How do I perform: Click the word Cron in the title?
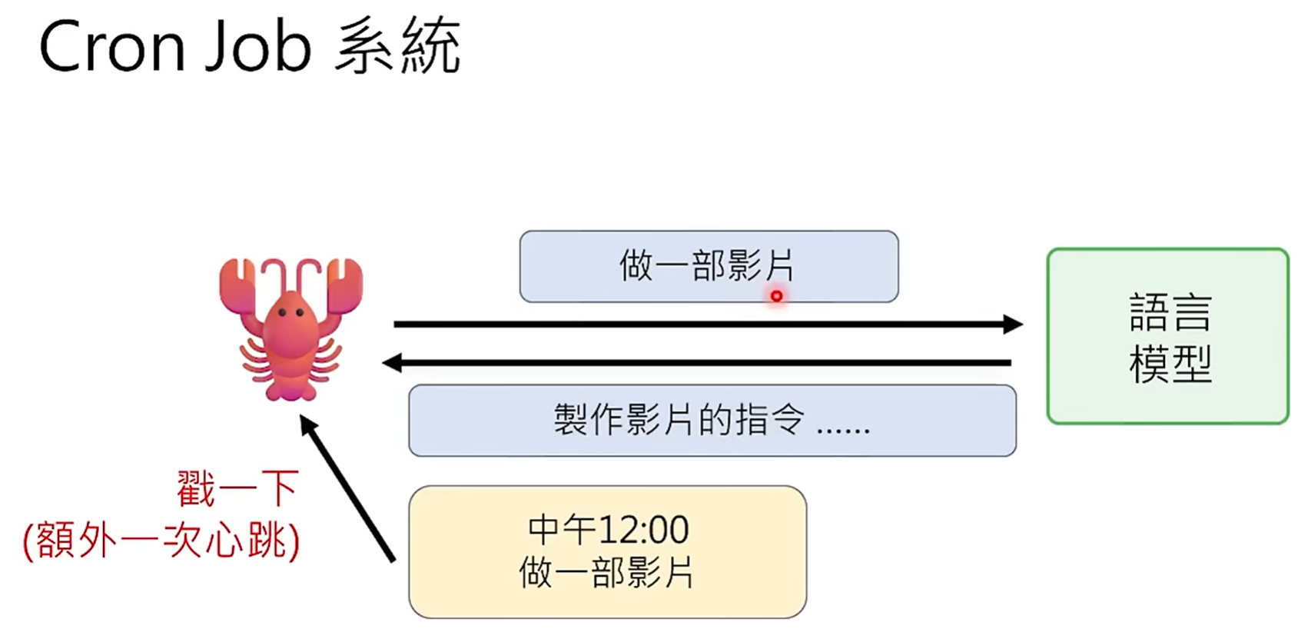point(112,47)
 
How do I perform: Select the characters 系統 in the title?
point(398,47)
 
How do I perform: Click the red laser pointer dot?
point(776,296)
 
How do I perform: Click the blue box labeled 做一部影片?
point(708,266)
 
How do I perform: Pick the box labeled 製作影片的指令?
point(712,421)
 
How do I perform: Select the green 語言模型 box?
point(1167,336)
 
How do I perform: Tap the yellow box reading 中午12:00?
point(607,551)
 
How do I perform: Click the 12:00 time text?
point(643,530)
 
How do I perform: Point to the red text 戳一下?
point(237,488)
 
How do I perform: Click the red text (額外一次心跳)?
point(161,541)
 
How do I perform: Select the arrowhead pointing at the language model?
point(1013,324)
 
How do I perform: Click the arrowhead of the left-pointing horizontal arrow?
point(392,362)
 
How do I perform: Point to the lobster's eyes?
point(290,312)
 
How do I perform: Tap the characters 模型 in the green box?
point(1170,364)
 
